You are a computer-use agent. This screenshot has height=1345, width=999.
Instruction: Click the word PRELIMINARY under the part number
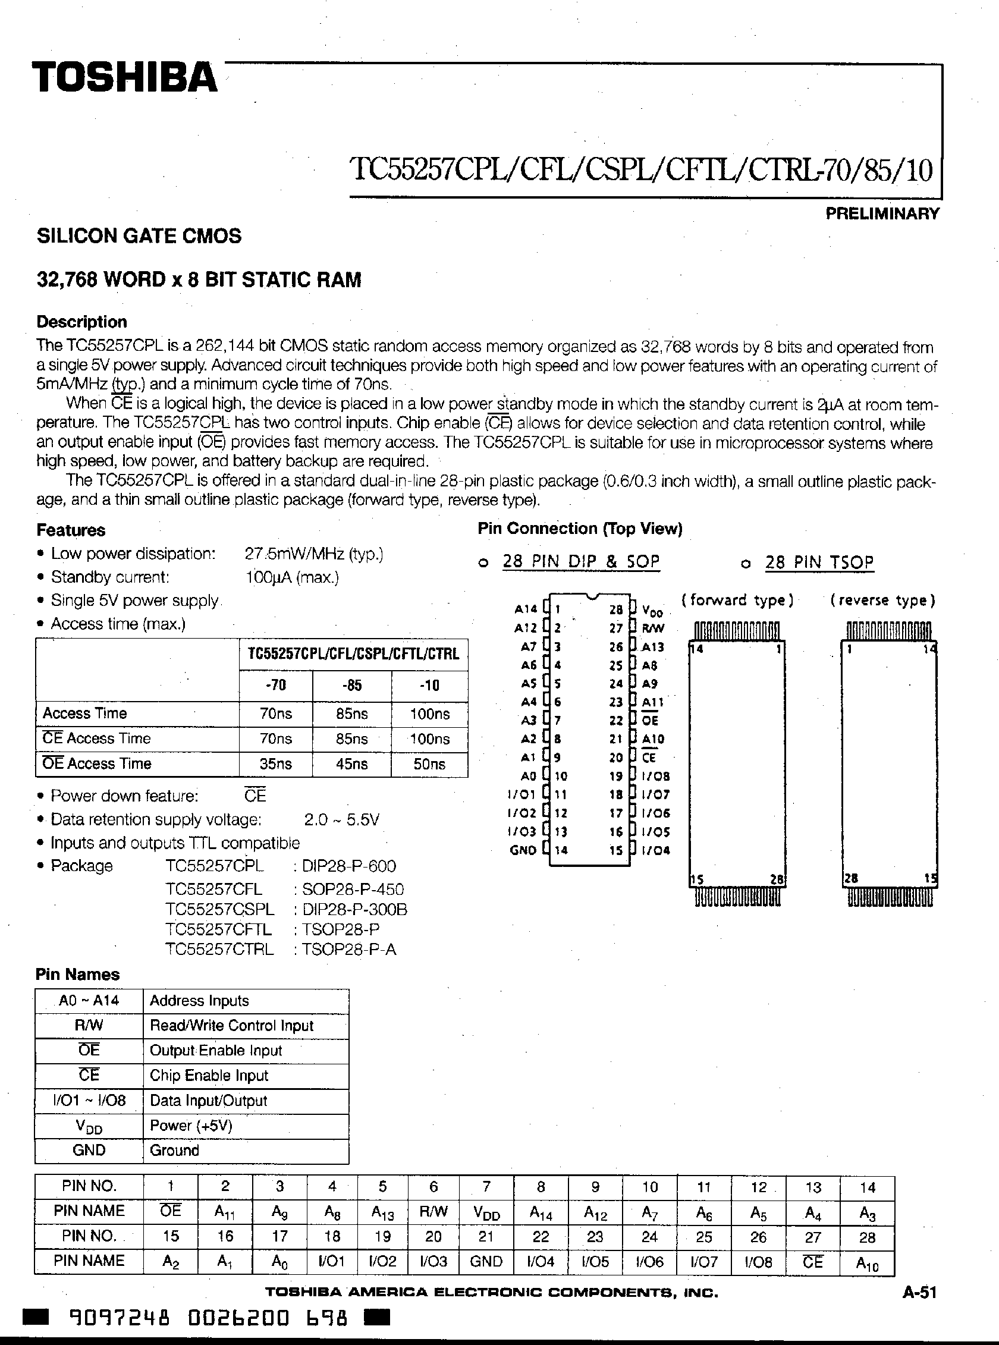tap(882, 213)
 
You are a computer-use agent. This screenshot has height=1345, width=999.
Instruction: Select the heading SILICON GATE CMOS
tap(139, 236)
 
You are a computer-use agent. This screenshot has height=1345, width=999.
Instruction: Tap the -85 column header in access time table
tap(351, 686)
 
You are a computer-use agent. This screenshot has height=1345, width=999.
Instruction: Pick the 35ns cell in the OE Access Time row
tap(276, 764)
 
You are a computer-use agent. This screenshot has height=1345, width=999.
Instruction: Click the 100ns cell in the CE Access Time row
tap(429, 739)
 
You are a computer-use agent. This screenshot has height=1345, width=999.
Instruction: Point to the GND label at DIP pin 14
tap(523, 850)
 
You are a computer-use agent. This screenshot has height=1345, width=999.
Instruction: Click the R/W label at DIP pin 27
tap(653, 628)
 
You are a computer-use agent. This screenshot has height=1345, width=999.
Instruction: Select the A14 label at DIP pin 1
tap(526, 609)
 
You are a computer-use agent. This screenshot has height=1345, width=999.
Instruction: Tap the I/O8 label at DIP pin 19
tap(655, 777)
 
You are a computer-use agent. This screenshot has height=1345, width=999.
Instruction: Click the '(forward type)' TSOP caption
tap(737, 601)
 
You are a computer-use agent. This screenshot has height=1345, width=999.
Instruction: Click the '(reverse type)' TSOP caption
tap(883, 601)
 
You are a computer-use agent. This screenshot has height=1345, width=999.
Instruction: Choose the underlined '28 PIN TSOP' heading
tap(819, 562)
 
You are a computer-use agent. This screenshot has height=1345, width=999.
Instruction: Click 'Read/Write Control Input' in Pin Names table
tap(231, 1026)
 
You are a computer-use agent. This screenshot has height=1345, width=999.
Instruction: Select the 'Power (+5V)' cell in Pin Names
tap(191, 1126)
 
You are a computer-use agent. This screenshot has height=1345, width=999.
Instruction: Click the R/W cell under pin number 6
tap(433, 1211)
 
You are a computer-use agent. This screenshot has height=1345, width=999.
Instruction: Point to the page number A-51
tap(919, 1293)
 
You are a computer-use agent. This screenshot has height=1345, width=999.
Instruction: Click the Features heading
tap(71, 530)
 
